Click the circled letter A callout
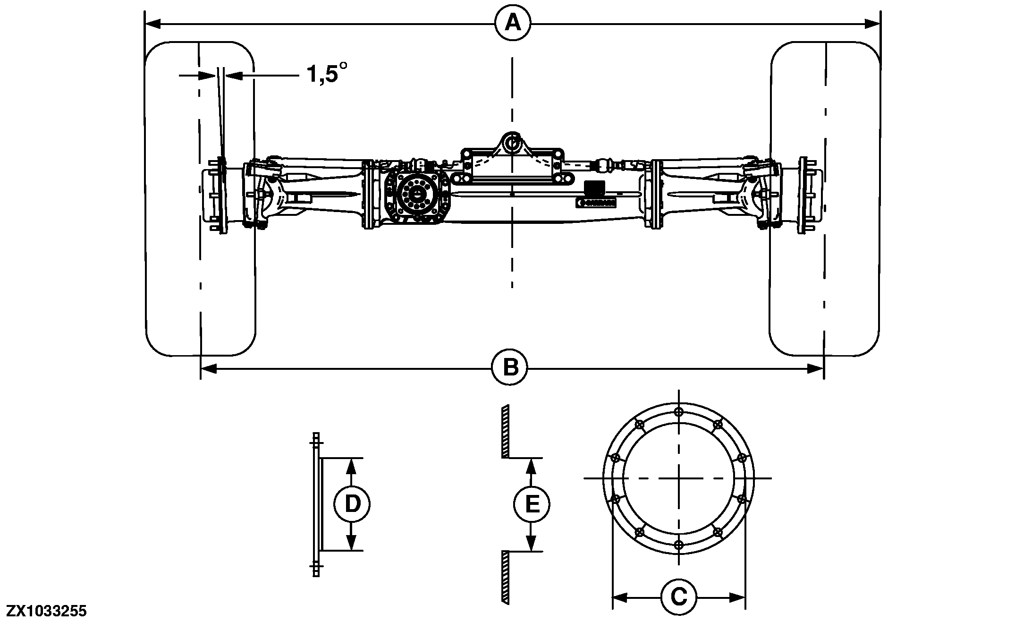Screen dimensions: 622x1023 pyautogui.click(x=513, y=23)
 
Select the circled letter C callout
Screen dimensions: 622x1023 pyautogui.click(x=678, y=597)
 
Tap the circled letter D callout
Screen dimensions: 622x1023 pyautogui.click(x=352, y=504)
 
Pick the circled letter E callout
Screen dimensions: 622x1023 pyautogui.click(x=532, y=504)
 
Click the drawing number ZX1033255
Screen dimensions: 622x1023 pyautogui.click(x=47, y=612)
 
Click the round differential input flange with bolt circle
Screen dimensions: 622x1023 pyautogui.click(x=416, y=195)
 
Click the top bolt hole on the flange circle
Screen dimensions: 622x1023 pyautogui.click(x=679, y=411)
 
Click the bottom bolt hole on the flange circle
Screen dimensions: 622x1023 pyautogui.click(x=679, y=545)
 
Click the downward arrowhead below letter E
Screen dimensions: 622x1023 pyautogui.click(x=532, y=545)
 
